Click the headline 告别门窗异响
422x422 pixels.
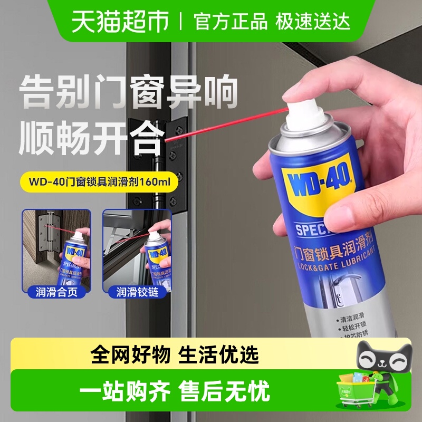pyautogui.click(x=129, y=93)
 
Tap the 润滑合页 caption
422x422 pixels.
pyautogui.click(x=56, y=292)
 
